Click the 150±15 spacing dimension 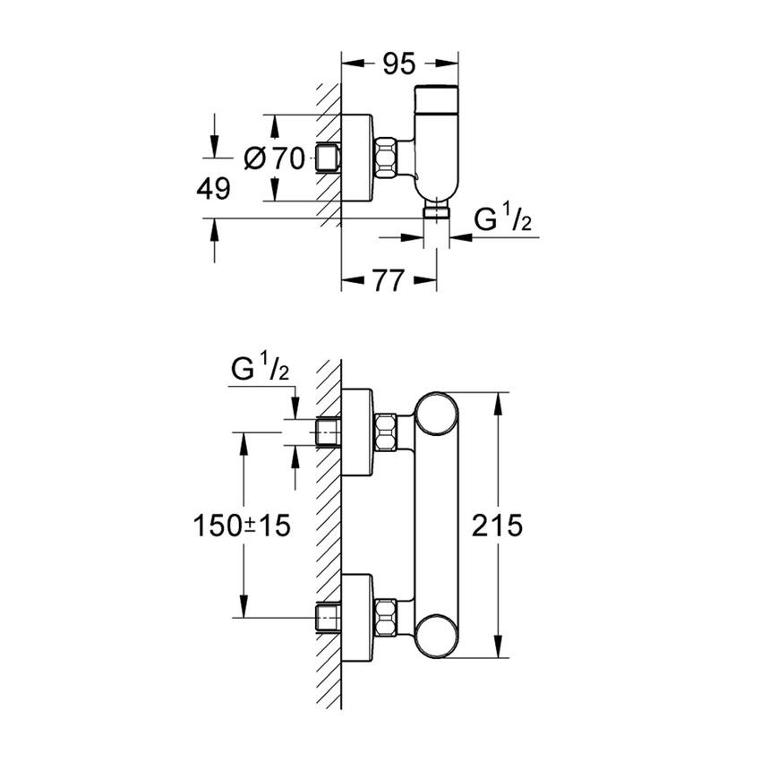pyautogui.click(x=243, y=526)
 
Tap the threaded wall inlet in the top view pyautogui.click(x=329, y=158)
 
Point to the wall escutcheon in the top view pyautogui.click(x=358, y=158)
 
